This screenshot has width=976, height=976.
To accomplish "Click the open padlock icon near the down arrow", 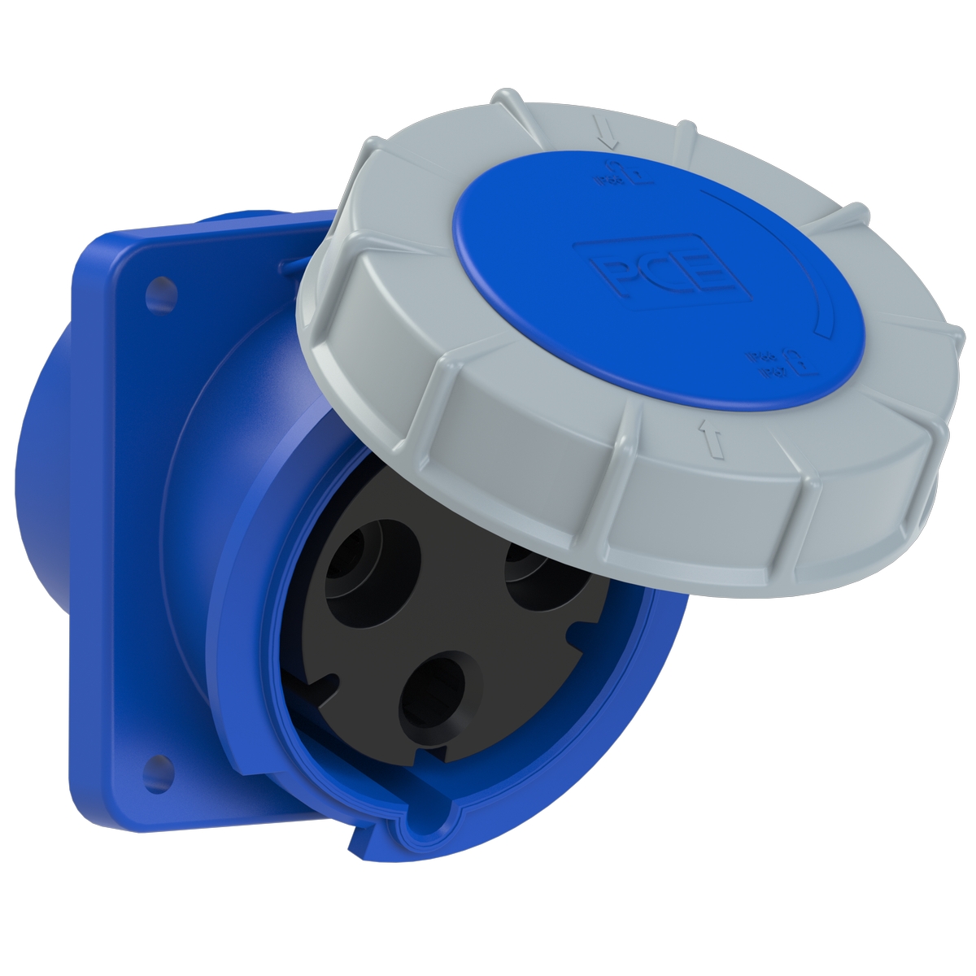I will (x=619, y=172).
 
